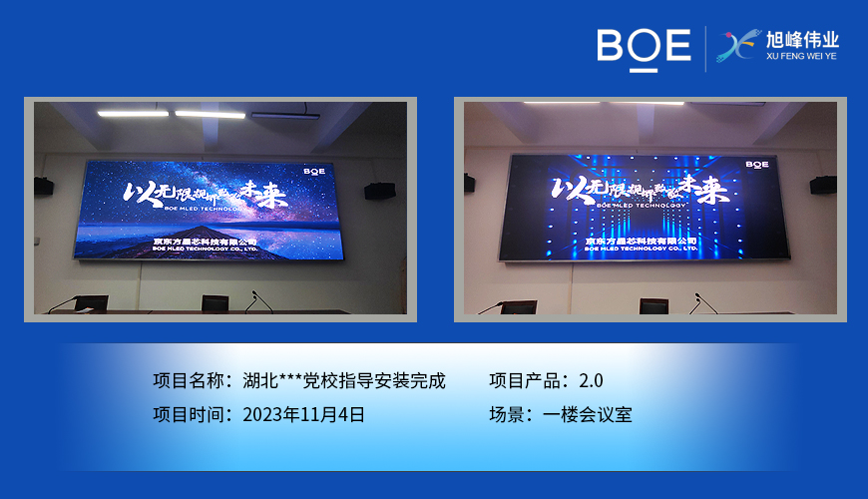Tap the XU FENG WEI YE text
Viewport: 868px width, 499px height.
[801, 57]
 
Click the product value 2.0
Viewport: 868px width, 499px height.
[590, 380]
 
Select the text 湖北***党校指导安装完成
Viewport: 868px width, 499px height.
[344, 380]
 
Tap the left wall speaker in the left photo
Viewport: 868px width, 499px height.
[44, 185]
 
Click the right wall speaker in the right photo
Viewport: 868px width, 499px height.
[823, 185]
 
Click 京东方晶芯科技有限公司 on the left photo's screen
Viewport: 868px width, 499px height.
[207, 242]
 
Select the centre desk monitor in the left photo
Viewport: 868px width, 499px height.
[215, 302]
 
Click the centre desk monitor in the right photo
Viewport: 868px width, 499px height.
[654, 305]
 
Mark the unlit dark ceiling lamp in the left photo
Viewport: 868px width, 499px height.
[285, 117]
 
